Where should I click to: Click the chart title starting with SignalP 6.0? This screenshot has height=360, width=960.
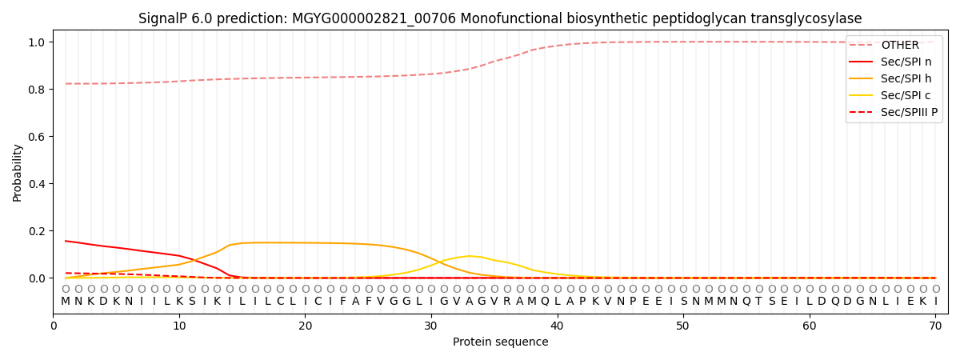pyautogui.click(x=500, y=18)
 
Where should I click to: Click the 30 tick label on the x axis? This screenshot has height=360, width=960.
pyautogui.click(x=431, y=326)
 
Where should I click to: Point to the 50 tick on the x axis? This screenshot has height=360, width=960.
pyautogui.click(x=683, y=326)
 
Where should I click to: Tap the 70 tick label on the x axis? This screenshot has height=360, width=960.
pyautogui.click(x=935, y=326)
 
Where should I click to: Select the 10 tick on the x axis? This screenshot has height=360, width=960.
pyautogui.click(x=179, y=326)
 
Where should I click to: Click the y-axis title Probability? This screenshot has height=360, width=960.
pyautogui.click(x=18, y=173)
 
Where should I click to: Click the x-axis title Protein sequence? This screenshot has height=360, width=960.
pyautogui.click(x=500, y=342)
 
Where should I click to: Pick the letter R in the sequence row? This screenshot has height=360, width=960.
pyautogui.click(x=507, y=302)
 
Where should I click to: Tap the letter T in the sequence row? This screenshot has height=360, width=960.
pyautogui.click(x=759, y=302)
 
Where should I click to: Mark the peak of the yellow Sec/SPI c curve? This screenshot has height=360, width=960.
pyautogui.click(x=469, y=256)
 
